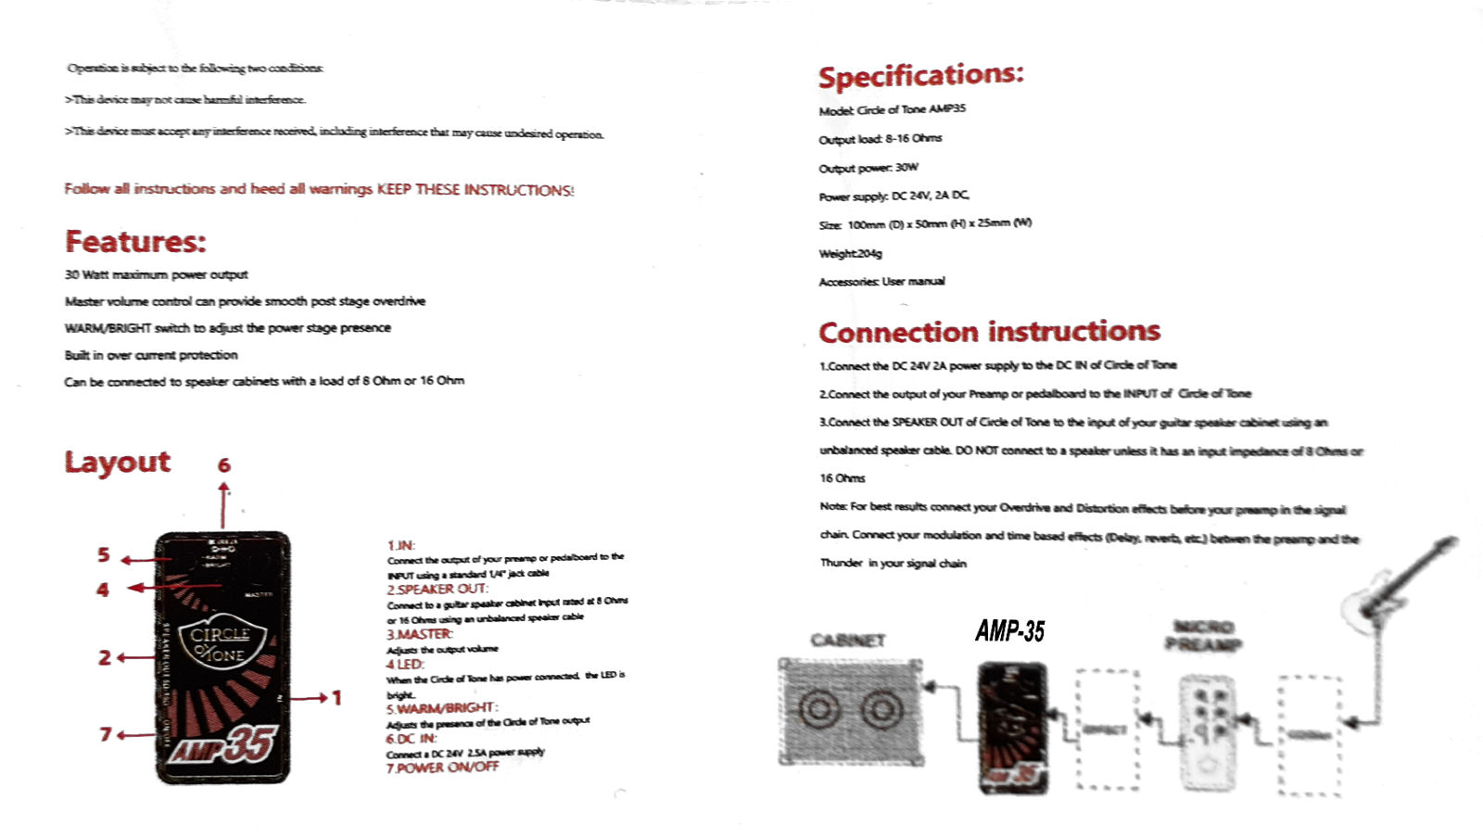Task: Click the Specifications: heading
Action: click(x=920, y=76)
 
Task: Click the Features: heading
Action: click(x=135, y=242)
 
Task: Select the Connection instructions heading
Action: click(x=989, y=332)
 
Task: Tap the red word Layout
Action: click(x=118, y=462)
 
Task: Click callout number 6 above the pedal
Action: click(x=223, y=465)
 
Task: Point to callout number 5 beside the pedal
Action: click(x=104, y=555)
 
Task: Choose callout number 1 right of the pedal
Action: click(x=336, y=698)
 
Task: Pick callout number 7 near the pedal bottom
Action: click(x=106, y=734)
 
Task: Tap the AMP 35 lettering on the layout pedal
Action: click(x=222, y=744)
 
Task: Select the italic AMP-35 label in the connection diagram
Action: click(x=1009, y=632)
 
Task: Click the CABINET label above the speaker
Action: click(x=848, y=641)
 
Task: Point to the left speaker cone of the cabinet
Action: click(x=819, y=711)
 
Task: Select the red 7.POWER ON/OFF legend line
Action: click(x=442, y=768)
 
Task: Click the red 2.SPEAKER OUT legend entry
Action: click(x=437, y=590)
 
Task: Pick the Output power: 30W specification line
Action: click(x=868, y=168)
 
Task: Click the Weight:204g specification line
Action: click(x=851, y=253)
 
